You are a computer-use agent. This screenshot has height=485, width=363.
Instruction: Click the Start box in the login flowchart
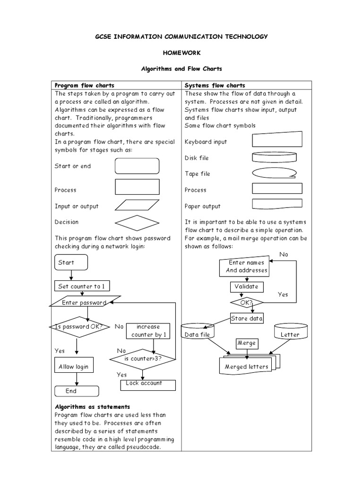[x=70, y=262]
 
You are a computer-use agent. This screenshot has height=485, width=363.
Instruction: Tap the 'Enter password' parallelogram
[x=85, y=303]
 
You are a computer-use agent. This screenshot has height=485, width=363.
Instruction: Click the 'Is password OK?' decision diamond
[x=79, y=327]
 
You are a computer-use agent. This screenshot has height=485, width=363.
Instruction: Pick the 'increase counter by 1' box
[x=148, y=331]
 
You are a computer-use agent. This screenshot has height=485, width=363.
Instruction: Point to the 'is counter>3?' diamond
[x=143, y=359]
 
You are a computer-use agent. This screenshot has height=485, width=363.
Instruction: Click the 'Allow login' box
[x=73, y=367]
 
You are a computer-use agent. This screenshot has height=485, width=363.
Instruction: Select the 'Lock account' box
[x=144, y=384]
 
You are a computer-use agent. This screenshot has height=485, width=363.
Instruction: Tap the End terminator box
[x=76, y=391]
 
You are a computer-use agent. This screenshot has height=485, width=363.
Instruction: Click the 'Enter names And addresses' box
[x=246, y=267]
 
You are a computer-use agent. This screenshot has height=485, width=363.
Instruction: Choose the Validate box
[x=246, y=287]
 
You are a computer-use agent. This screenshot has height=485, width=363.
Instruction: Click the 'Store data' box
[x=247, y=318]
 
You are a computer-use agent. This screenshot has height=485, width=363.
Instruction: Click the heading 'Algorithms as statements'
[x=92, y=407]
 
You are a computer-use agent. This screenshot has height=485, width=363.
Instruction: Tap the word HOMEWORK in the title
[x=182, y=52]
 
